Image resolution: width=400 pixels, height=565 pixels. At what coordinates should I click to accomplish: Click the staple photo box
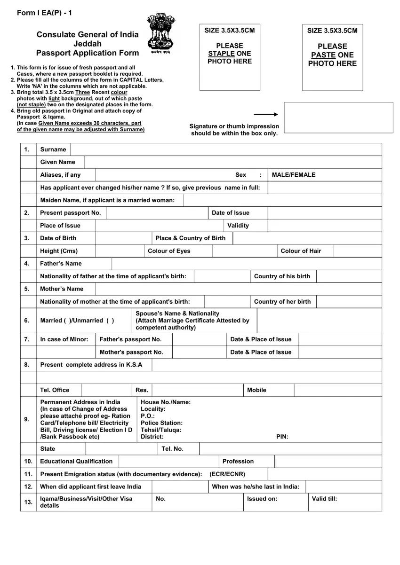coord(230,56)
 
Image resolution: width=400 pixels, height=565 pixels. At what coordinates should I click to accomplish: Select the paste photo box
coord(332,56)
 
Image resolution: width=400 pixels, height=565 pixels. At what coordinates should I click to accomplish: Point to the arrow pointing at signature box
coord(266,114)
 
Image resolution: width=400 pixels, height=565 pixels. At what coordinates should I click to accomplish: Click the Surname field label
coord(53,149)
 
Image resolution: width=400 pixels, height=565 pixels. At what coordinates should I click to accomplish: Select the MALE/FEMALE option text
coord(293,175)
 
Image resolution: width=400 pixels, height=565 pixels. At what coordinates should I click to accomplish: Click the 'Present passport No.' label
coord(71,213)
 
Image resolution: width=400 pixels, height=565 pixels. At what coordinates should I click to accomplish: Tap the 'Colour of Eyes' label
coord(169,251)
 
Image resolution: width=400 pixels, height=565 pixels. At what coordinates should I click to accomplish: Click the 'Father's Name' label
coord(61,264)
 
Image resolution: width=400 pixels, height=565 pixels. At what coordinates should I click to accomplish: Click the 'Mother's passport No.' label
coord(131,352)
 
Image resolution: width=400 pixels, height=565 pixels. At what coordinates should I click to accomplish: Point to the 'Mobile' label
coord(256,390)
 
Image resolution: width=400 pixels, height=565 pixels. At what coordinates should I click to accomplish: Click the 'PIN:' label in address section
coord(282,437)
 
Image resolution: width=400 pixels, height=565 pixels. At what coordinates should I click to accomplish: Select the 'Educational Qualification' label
coord(76,462)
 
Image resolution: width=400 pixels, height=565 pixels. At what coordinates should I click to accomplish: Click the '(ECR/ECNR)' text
coord(227,474)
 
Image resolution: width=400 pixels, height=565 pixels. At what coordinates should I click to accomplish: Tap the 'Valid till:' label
coord(324,499)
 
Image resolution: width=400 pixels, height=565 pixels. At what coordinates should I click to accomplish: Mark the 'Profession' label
coord(238,462)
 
